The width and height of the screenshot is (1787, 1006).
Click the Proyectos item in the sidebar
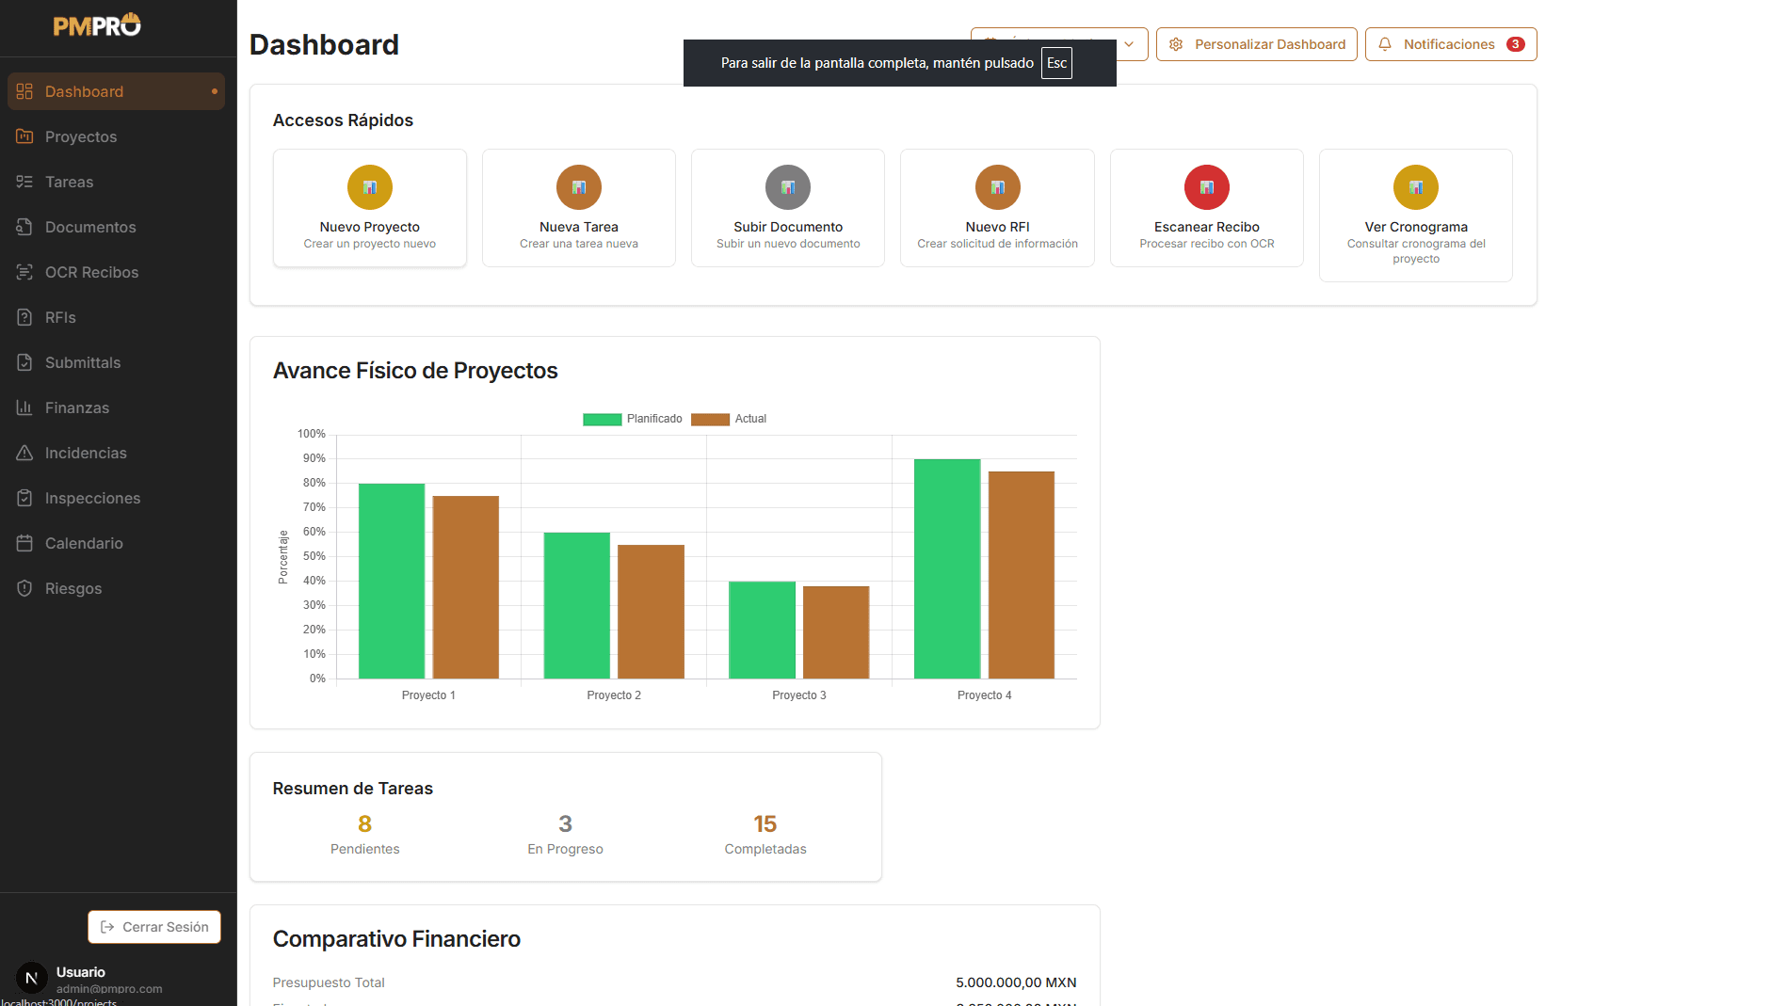point(80,136)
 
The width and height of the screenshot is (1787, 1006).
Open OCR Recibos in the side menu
point(90,272)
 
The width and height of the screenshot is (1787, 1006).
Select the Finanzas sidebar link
point(76,407)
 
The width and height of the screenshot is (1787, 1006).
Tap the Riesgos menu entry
point(72,588)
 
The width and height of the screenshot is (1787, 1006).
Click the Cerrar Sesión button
point(154,927)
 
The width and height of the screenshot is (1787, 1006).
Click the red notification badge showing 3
point(1515,44)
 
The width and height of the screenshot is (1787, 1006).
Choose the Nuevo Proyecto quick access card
point(369,208)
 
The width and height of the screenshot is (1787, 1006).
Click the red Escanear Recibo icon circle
point(1206,187)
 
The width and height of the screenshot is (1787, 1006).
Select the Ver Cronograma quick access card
point(1415,216)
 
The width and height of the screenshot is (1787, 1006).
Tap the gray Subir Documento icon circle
point(788,187)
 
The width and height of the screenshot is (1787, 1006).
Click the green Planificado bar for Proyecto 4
point(947,568)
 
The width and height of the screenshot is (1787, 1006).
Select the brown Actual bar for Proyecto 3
point(836,631)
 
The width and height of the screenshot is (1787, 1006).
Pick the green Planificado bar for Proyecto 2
point(576,605)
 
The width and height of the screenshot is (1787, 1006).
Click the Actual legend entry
point(729,419)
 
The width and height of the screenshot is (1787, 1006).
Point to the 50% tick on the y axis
point(314,556)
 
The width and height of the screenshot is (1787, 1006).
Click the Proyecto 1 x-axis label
point(428,695)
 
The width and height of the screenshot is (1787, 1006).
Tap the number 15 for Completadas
point(765,824)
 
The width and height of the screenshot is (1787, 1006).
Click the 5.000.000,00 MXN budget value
point(1015,982)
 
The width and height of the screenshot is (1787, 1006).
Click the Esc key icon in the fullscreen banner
point(1056,63)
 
